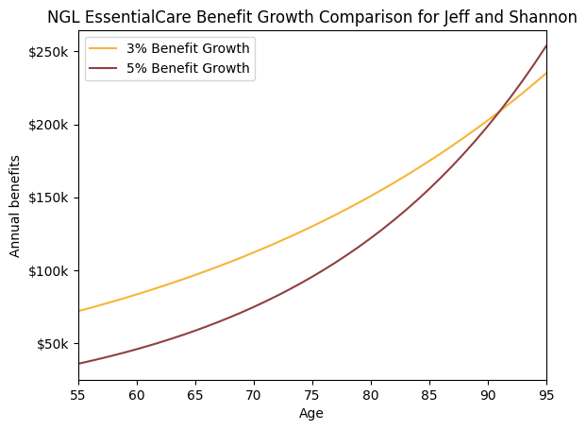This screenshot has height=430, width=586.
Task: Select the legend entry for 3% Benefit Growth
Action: [170, 48]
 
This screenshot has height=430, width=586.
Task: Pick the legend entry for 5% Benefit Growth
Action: [170, 68]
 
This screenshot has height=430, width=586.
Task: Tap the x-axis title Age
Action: [311, 413]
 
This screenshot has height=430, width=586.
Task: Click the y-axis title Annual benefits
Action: [15, 206]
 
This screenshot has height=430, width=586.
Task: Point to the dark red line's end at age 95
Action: [545, 45]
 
